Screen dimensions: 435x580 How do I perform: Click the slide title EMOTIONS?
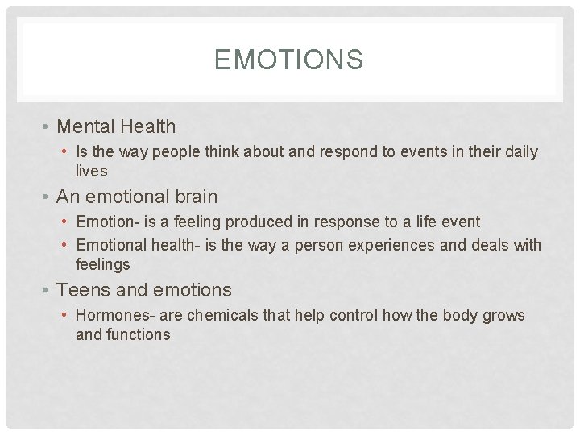[x=289, y=60]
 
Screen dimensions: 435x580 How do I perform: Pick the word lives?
[x=91, y=171]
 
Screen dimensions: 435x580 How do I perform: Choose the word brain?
[x=193, y=197]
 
